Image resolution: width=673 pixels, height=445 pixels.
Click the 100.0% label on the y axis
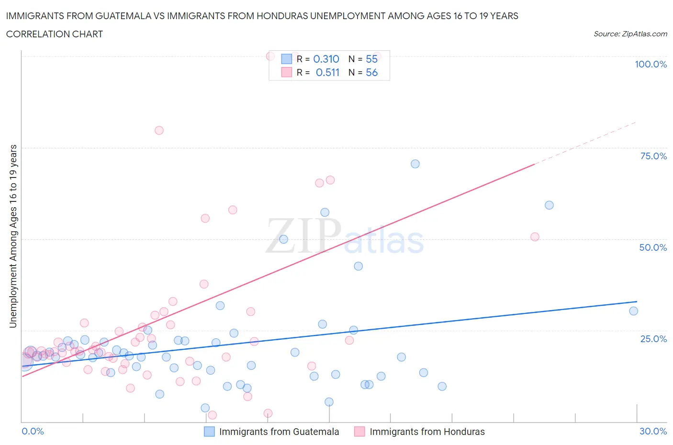pos(651,64)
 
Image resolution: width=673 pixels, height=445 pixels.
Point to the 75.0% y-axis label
pos(653,156)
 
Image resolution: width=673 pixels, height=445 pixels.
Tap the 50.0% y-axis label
pos(653,247)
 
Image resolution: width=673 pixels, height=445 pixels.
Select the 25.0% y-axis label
pos(653,339)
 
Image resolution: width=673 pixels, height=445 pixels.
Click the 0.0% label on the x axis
pos(33,431)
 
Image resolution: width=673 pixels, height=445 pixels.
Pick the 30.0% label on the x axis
pos(653,431)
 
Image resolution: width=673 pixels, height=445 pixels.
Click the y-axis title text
pos(13,236)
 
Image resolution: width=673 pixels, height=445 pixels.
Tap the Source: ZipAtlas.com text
pos(630,34)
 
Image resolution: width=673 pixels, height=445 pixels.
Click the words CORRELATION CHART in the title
pos(55,34)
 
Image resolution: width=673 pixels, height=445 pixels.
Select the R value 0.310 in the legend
pos(326,59)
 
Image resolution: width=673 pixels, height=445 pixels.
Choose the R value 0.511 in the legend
pos(327,72)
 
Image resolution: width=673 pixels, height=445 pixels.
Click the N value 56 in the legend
pos(371,72)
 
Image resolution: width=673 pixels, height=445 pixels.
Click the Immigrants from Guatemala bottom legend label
pos(279,432)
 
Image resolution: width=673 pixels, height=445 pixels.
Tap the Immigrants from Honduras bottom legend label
pos(427,432)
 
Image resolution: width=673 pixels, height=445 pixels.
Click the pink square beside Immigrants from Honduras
pos(359,432)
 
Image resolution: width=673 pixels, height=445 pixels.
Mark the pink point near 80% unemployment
pos(159,130)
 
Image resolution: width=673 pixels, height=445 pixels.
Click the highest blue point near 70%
pos(415,164)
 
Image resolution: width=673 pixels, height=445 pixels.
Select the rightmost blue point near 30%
pos(633,311)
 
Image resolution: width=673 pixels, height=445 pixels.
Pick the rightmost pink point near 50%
pos(535,237)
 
